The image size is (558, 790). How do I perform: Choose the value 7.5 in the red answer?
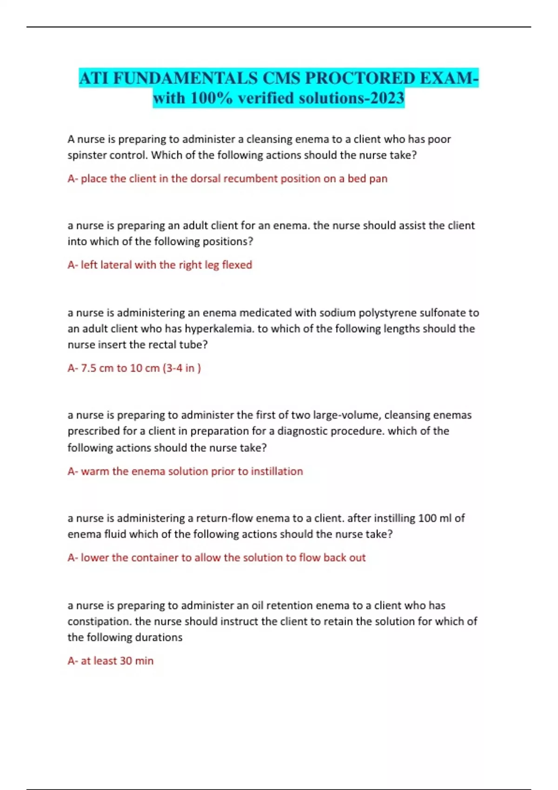click(88, 369)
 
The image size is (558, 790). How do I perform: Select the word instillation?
click(277, 472)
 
